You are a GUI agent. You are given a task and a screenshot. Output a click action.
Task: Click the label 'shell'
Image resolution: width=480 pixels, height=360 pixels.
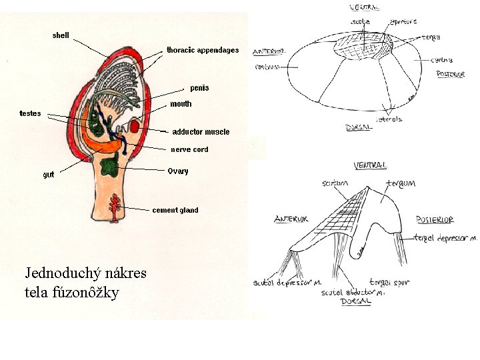pyautogui.click(x=61, y=35)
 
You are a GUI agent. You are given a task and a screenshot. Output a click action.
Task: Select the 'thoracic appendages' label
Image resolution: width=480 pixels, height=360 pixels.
pyautogui.click(x=203, y=50)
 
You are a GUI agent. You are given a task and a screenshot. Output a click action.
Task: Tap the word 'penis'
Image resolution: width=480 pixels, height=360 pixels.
pyautogui.click(x=199, y=88)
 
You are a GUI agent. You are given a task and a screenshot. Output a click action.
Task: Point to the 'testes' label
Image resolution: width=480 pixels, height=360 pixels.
pyautogui.click(x=30, y=113)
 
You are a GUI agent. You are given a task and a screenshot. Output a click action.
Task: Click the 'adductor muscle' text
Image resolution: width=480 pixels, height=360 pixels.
pyautogui.click(x=201, y=132)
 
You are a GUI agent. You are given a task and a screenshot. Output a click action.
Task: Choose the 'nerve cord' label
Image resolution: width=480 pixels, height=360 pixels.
pyautogui.click(x=190, y=149)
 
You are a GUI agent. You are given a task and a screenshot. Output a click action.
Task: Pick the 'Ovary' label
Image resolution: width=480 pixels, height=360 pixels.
pyautogui.click(x=178, y=171)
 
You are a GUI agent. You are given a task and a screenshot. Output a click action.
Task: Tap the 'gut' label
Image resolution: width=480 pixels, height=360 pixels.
pyautogui.click(x=49, y=175)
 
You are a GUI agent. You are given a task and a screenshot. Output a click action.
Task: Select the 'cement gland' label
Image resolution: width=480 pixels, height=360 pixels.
pyautogui.click(x=175, y=210)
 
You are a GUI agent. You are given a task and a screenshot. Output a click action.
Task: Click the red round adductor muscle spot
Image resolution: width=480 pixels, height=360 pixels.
pyautogui.click(x=133, y=126)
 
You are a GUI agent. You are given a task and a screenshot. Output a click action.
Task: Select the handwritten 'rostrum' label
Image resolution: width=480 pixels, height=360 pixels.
pyautogui.click(x=267, y=67)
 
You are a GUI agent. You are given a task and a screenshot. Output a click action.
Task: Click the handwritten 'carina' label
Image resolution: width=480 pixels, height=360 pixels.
pyautogui.click(x=442, y=60)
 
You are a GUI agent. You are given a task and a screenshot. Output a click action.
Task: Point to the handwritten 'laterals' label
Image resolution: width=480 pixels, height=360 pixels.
pyautogui.click(x=389, y=119)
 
